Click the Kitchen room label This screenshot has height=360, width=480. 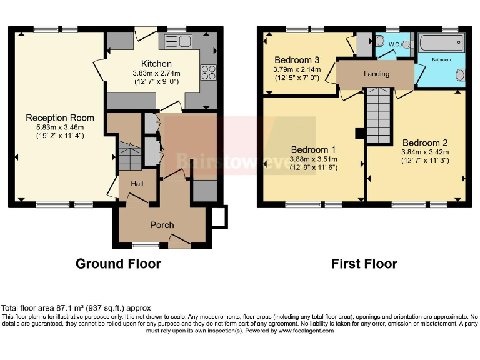(156, 64)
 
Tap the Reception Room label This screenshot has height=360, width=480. (60, 117)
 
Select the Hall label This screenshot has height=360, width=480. (137, 184)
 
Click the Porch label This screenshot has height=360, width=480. (162, 225)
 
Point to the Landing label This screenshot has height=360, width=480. (377, 74)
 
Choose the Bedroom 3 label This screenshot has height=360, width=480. (297, 60)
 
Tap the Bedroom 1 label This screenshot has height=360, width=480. (314, 150)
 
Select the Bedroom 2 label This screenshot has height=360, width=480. (424, 142)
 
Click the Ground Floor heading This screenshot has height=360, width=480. (118, 264)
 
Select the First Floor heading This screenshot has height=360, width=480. (364, 264)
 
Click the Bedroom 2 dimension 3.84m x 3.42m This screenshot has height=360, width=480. (424, 152)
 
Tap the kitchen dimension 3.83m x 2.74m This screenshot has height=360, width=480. (156, 73)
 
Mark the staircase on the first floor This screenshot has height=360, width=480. (378, 116)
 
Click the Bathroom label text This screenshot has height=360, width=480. (441, 61)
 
